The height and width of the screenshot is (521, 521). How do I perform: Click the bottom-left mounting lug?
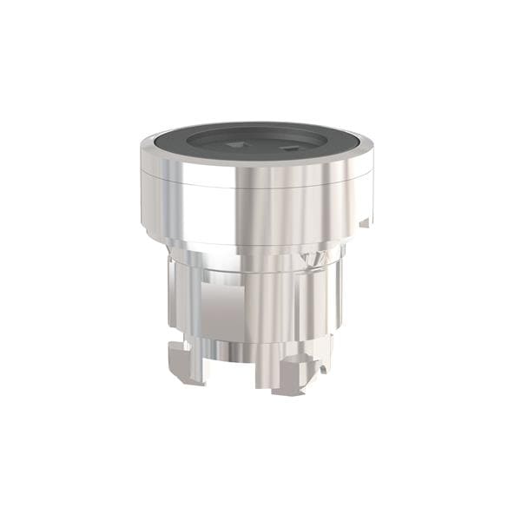[x=184, y=360]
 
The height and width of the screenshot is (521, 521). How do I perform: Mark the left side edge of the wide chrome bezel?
[x=142, y=195]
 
